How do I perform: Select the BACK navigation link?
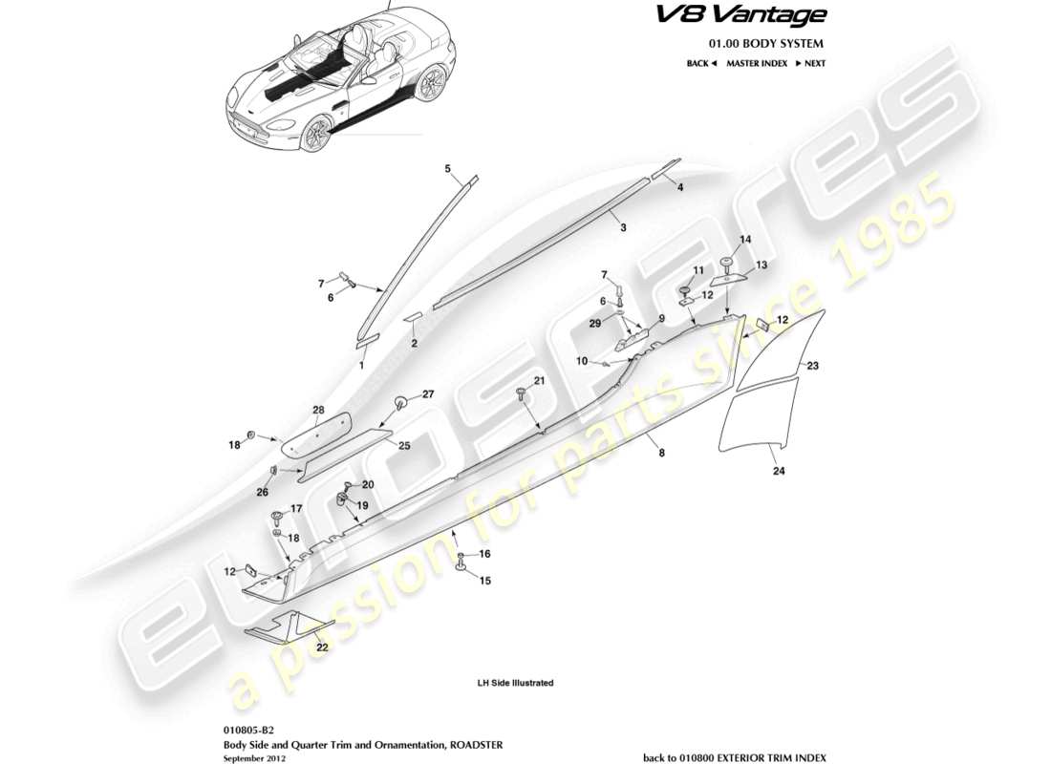[701, 64]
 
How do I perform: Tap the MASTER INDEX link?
[756, 64]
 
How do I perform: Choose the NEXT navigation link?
[809, 64]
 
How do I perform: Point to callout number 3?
[622, 228]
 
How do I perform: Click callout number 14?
[746, 239]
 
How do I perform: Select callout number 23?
[813, 366]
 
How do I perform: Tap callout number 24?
[776, 471]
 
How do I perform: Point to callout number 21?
[539, 382]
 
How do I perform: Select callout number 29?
[594, 325]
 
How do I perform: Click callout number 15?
[484, 580]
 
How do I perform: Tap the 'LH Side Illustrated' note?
[515, 684]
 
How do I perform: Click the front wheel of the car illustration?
[314, 138]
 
